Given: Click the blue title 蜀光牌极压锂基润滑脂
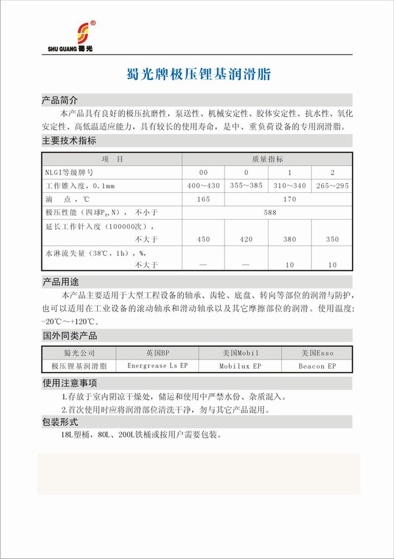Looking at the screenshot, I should (197, 75).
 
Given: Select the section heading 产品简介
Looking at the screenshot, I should (60, 101).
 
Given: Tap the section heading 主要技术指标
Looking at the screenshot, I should (69, 140).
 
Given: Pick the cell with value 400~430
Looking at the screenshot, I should (203, 186).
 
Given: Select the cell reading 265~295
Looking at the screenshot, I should (332, 186).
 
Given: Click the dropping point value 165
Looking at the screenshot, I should (203, 199).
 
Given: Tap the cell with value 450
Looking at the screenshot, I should (203, 239).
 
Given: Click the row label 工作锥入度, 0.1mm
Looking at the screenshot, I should (80, 186).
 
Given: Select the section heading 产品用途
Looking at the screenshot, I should (60, 282).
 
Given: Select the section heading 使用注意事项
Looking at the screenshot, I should (69, 383).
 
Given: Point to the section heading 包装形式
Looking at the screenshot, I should (60, 421).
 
